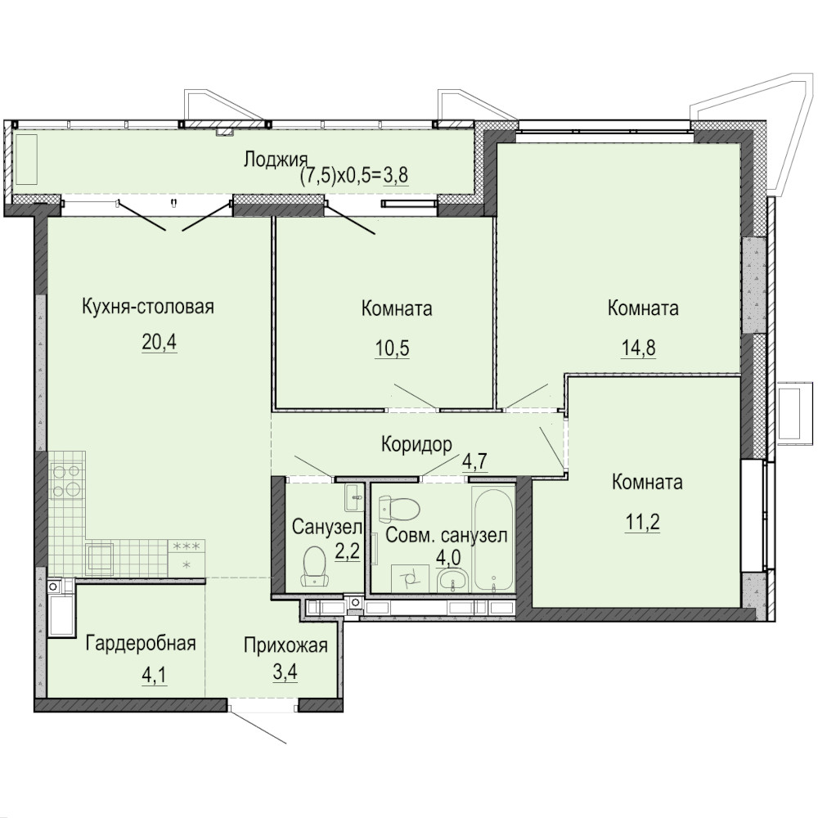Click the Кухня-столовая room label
(x=148, y=307)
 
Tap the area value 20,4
(x=160, y=342)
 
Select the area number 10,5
(x=393, y=348)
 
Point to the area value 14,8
(x=639, y=348)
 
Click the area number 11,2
(x=643, y=521)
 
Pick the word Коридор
(x=417, y=444)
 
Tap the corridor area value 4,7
(x=475, y=461)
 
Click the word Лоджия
(x=276, y=160)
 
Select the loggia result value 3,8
(x=396, y=176)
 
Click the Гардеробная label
(x=141, y=643)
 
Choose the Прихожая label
(x=285, y=645)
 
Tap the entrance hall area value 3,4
(x=285, y=672)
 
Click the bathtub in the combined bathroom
(x=493, y=539)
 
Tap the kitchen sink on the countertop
(x=100, y=556)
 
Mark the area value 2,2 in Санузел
(x=348, y=551)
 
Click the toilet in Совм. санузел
(x=399, y=510)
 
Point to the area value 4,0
(x=448, y=558)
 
